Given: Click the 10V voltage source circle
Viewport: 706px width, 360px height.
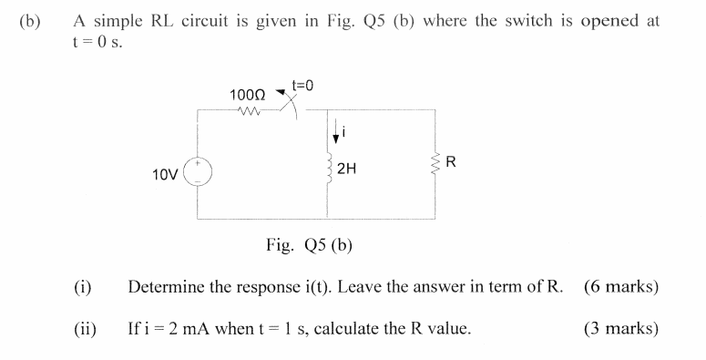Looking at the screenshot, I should point(199,173).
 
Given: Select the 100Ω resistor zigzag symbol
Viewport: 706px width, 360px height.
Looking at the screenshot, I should point(245,113).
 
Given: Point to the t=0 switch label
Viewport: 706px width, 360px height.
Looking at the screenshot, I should point(302,86).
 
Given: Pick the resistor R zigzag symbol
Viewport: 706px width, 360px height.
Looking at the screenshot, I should point(435,166).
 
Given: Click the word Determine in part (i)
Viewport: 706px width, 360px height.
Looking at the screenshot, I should point(163,287).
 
